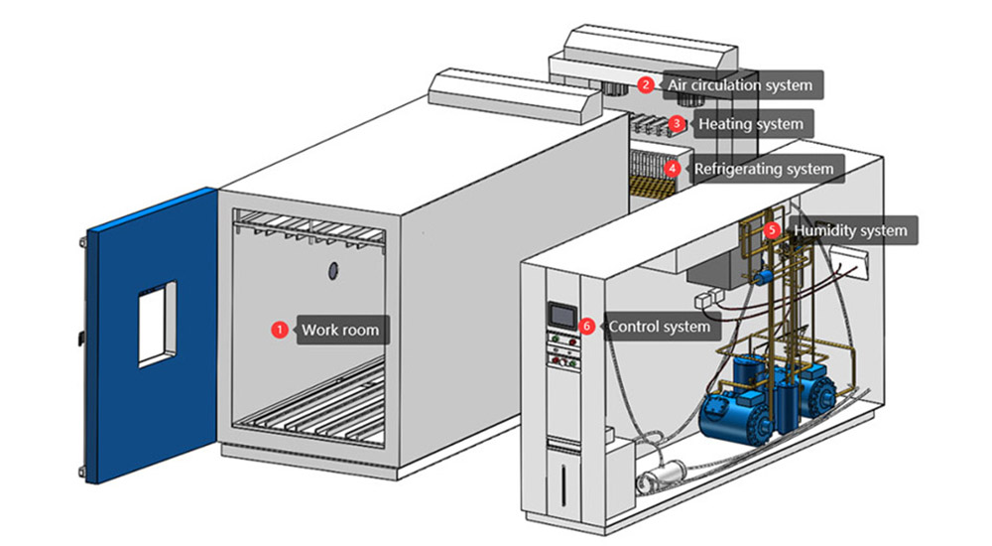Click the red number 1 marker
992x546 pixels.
coord(280,330)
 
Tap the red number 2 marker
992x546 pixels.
coord(646,84)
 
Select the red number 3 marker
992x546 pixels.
coord(677,124)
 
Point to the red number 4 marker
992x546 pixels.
coord(673,169)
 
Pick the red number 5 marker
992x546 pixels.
coord(773,230)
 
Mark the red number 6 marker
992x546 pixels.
coord(587,326)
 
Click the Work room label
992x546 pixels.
coord(340,330)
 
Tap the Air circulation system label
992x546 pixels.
coord(740,84)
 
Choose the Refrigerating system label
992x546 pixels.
coord(763,169)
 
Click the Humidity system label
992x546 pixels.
coord(849,230)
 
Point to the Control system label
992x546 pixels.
coord(660,326)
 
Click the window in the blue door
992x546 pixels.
coord(157,324)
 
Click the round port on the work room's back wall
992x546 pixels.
coord(333,270)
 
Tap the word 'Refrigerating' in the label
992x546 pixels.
coord(739,169)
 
